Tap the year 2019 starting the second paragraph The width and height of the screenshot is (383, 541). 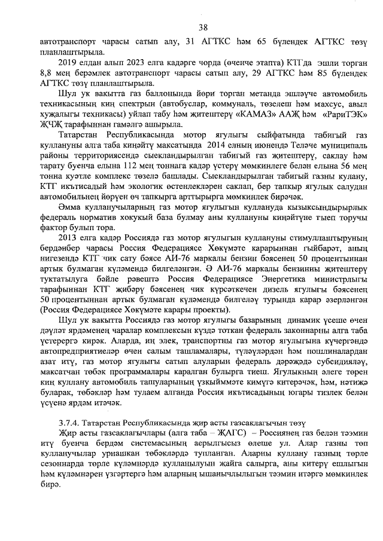click(68, 63)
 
